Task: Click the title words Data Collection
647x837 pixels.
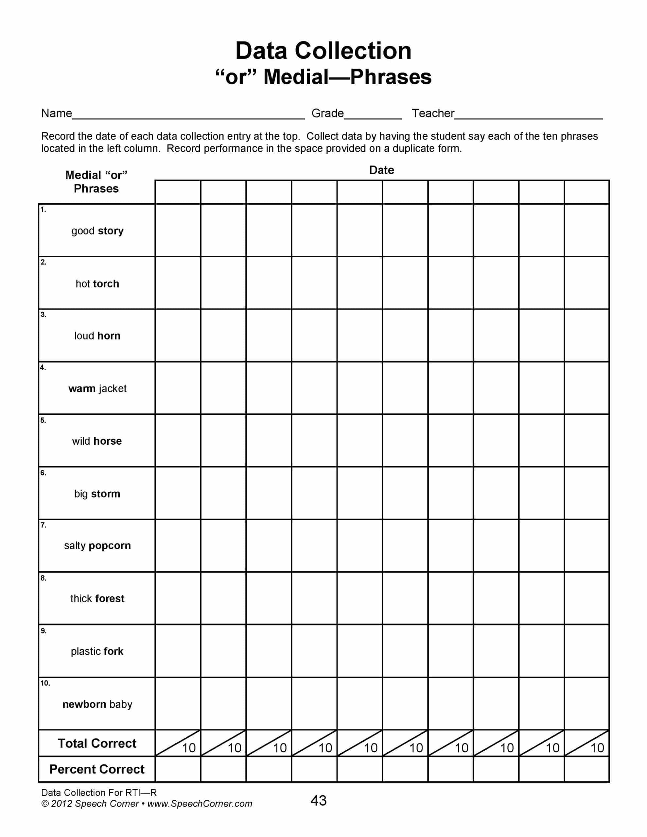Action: [323, 51]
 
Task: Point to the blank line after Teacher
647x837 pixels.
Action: [528, 116]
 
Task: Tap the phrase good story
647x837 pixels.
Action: [97, 231]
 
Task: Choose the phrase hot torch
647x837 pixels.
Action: [97, 284]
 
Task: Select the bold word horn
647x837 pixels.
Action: [109, 336]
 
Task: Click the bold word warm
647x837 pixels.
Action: [82, 389]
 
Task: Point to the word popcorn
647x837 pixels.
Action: [109, 546]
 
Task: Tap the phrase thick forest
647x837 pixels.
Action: [97, 599]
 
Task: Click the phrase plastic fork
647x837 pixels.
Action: [97, 652]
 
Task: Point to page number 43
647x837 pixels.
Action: [318, 801]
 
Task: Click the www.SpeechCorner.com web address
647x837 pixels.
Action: [200, 804]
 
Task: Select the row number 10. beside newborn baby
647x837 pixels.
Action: [45, 683]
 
